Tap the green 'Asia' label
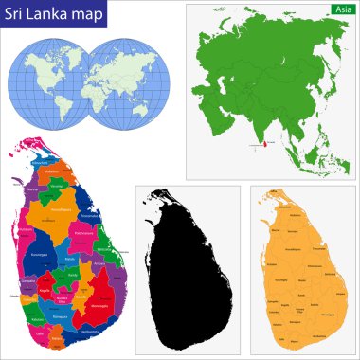(x=339, y=9)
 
